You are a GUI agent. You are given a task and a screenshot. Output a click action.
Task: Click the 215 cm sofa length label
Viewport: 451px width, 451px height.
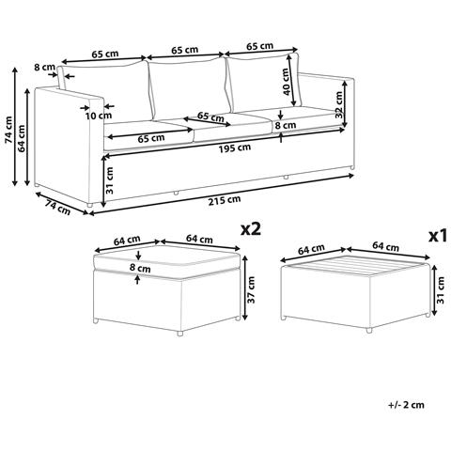[225, 199]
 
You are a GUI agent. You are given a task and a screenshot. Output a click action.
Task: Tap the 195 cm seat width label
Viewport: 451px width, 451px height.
[235, 148]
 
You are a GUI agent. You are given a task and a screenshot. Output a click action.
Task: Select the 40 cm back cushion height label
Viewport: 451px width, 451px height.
[287, 82]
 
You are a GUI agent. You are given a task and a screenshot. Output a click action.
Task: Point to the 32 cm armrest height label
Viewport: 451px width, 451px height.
[339, 104]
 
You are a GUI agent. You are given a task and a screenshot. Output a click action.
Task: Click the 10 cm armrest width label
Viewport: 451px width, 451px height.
[99, 116]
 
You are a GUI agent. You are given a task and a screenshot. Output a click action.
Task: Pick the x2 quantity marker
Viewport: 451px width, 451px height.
[251, 229]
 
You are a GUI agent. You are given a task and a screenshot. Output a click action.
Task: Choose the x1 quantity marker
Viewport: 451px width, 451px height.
[438, 237]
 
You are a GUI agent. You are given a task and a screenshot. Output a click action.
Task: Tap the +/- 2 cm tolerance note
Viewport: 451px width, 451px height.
[406, 405]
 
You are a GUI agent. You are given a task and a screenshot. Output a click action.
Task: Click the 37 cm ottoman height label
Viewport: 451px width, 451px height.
[251, 289]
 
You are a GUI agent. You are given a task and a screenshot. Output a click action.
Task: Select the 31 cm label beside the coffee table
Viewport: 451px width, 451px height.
[441, 290]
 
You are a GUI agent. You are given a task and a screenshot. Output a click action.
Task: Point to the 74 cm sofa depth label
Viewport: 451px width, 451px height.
[58, 208]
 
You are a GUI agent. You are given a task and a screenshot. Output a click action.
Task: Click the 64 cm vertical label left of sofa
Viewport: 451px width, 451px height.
[22, 138]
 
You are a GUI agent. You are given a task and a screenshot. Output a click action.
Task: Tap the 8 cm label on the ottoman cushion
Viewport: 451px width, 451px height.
[140, 268]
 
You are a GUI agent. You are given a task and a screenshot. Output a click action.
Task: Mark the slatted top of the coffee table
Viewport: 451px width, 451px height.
[356, 266]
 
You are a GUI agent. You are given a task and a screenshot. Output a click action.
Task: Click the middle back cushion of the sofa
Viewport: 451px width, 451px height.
[189, 88]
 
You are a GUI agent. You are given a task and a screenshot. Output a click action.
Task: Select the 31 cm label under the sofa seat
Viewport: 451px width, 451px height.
[110, 180]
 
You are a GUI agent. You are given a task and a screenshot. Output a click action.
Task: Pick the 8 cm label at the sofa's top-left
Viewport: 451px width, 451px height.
[44, 67]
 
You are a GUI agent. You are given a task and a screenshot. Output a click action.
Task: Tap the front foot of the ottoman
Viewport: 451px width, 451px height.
[179, 334]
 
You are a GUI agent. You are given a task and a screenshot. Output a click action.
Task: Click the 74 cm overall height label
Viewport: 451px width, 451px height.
[8, 130]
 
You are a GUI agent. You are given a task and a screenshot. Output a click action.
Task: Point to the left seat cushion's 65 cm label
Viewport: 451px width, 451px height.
[151, 138]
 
